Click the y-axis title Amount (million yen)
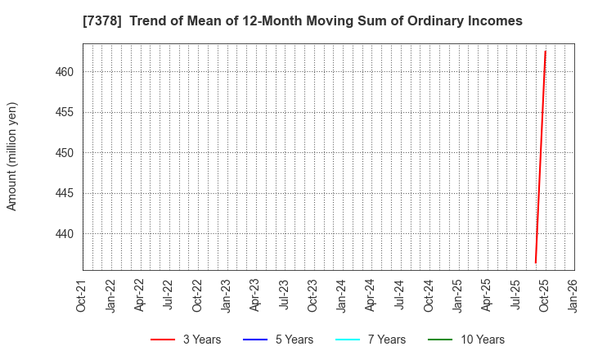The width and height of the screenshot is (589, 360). click(12, 156)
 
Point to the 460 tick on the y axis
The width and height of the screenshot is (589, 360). click(65, 72)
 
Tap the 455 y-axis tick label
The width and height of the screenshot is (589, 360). click(65, 112)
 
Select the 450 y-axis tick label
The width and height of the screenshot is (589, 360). click(65, 153)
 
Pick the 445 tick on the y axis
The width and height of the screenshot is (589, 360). click(65, 193)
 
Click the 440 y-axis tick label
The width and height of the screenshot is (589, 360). click(65, 234)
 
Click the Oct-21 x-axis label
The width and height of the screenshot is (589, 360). click(82, 295)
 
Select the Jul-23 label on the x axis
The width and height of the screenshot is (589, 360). click(284, 295)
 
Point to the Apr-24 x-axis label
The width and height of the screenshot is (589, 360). click(371, 295)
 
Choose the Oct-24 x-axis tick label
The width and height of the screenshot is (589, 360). click(429, 295)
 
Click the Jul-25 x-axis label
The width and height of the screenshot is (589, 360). click(515, 295)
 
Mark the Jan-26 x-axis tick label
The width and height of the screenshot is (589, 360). click(573, 295)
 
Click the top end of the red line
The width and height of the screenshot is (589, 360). click(546, 52)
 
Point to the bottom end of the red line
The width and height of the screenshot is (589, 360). click(535, 263)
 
